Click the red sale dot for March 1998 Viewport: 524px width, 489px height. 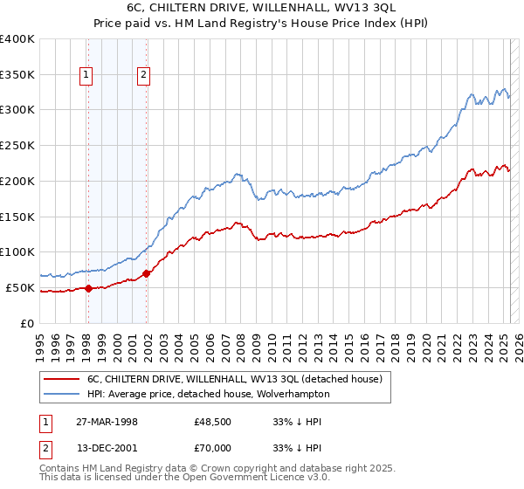88,288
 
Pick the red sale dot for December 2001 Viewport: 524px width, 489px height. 146,273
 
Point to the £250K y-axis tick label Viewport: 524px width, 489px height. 17,145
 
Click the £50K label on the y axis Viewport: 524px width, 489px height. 20,287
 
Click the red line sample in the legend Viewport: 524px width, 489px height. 62,380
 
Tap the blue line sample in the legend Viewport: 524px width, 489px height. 62,395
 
